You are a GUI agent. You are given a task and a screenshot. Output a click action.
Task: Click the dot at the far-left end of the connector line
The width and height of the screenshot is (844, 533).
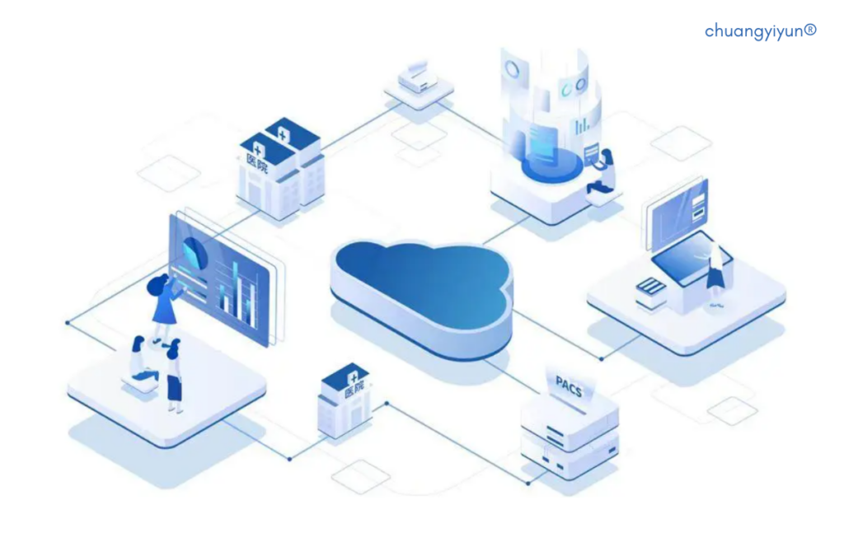click(x=68, y=323)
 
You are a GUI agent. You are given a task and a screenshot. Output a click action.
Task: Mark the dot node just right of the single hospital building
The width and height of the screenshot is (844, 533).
click(x=387, y=403)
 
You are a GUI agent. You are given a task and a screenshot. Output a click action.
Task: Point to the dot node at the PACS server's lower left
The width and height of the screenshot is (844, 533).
click(x=528, y=483)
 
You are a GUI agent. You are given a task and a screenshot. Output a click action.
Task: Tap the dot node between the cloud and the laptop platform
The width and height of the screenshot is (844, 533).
click(x=601, y=358)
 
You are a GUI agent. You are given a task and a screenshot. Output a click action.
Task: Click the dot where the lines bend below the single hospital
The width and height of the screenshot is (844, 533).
click(x=289, y=459)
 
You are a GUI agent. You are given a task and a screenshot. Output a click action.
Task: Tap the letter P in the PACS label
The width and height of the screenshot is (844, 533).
click(x=560, y=382)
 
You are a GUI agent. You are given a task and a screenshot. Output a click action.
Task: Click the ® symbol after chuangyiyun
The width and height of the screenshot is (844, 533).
click(x=810, y=30)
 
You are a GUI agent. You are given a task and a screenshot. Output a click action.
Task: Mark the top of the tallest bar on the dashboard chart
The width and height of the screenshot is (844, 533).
click(x=235, y=264)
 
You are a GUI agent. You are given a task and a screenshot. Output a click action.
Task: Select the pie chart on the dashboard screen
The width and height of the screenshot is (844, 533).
click(x=195, y=252)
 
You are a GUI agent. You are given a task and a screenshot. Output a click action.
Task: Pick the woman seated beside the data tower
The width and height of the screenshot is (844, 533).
click(x=603, y=172)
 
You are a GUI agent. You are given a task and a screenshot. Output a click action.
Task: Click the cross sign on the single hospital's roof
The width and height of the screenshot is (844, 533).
click(x=353, y=377)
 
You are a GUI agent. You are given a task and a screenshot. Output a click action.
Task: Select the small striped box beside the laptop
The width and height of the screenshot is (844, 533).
click(x=651, y=292)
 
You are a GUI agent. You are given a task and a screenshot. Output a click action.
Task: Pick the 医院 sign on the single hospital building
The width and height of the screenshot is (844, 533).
click(x=354, y=388)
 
